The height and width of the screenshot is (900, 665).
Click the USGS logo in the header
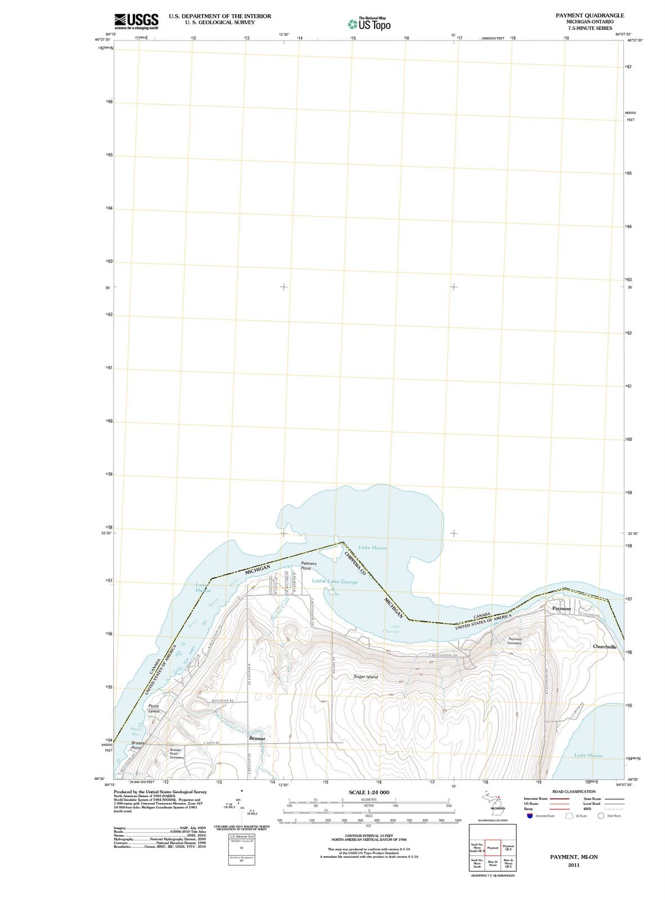[136, 20]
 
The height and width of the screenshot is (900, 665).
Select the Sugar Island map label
[366, 677]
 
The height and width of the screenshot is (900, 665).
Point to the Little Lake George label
[335, 581]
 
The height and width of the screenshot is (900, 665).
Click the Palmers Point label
[308, 565]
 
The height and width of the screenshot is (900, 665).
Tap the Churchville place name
[605, 647]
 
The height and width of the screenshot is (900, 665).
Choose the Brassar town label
[257, 737]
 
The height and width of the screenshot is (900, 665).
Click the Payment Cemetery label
[514, 641]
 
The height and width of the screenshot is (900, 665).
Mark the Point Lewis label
[153, 709]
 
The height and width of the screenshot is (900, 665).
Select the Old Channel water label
[392, 629]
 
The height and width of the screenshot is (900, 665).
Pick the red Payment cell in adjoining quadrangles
[493, 848]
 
